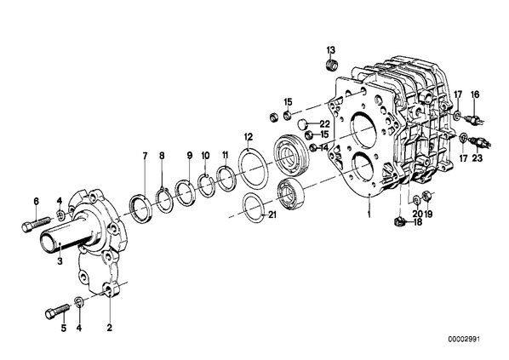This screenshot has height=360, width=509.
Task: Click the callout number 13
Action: [331, 50]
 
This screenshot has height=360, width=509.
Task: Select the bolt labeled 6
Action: [36, 223]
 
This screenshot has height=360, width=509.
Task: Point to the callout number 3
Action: [60, 261]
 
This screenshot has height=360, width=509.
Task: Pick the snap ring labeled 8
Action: [165, 202]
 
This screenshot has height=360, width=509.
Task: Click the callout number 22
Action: [324, 124]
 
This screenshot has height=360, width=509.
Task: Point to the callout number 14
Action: [324, 148]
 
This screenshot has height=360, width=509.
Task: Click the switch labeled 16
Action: [473, 118]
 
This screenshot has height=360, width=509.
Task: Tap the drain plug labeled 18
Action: [398, 222]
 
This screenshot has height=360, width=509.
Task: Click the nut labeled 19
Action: [426, 196]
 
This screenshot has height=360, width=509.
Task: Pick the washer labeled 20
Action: [416, 199]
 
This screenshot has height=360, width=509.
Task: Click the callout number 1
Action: [369, 214]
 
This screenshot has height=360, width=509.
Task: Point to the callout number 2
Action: [110, 328]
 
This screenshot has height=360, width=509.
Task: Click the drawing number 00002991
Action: [464, 340]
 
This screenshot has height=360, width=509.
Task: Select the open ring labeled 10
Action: [206, 185]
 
